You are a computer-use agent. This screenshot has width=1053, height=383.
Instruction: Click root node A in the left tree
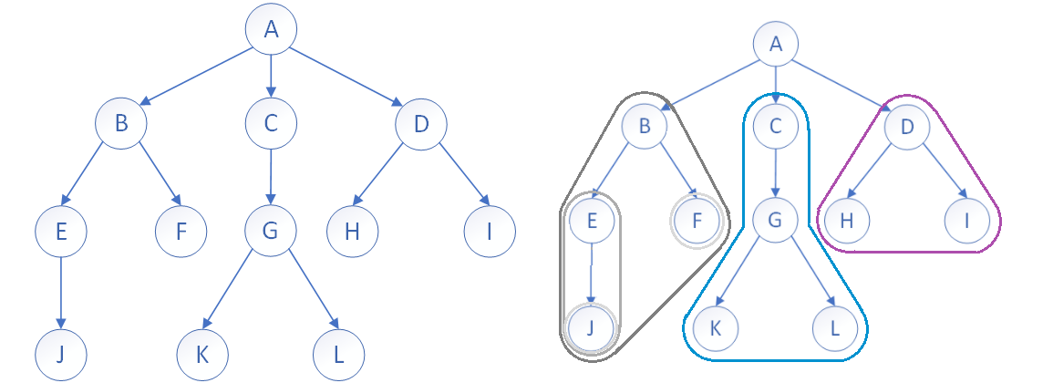coord(271,30)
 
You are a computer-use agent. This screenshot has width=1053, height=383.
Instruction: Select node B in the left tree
coord(120,123)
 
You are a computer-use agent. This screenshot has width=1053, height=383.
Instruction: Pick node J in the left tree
coord(61,353)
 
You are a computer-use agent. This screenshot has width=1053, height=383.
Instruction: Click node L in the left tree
coord(338,353)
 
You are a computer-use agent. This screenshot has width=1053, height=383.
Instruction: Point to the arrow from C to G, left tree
coord(271,177)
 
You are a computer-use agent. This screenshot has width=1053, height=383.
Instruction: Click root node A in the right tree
coord(776,43)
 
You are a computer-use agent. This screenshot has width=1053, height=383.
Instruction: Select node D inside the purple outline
coord(907,127)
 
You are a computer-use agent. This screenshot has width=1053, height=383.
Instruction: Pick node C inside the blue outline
coord(776,127)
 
